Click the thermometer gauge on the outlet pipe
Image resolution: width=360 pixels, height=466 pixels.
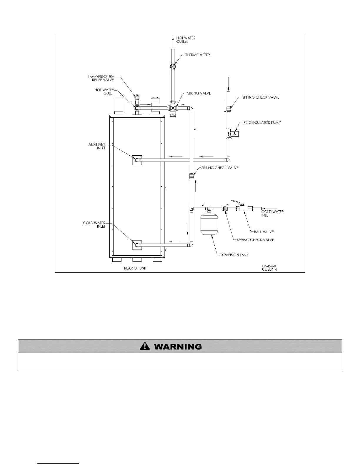click(172, 66)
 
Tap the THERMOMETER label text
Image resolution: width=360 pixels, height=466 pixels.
click(197, 55)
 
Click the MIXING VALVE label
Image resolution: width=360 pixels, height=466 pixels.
click(199, 93)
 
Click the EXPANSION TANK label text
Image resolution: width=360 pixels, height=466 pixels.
click(234, 255)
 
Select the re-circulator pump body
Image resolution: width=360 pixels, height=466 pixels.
click(234, 134)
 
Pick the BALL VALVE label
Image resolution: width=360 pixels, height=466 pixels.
click(264, 232)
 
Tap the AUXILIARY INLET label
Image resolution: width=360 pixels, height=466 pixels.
click(97, 146)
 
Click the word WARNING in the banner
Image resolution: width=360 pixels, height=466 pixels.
click(178, 347)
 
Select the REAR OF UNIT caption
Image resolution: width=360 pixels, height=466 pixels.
click(135, 268)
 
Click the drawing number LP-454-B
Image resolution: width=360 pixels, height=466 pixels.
click(269, 266)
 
